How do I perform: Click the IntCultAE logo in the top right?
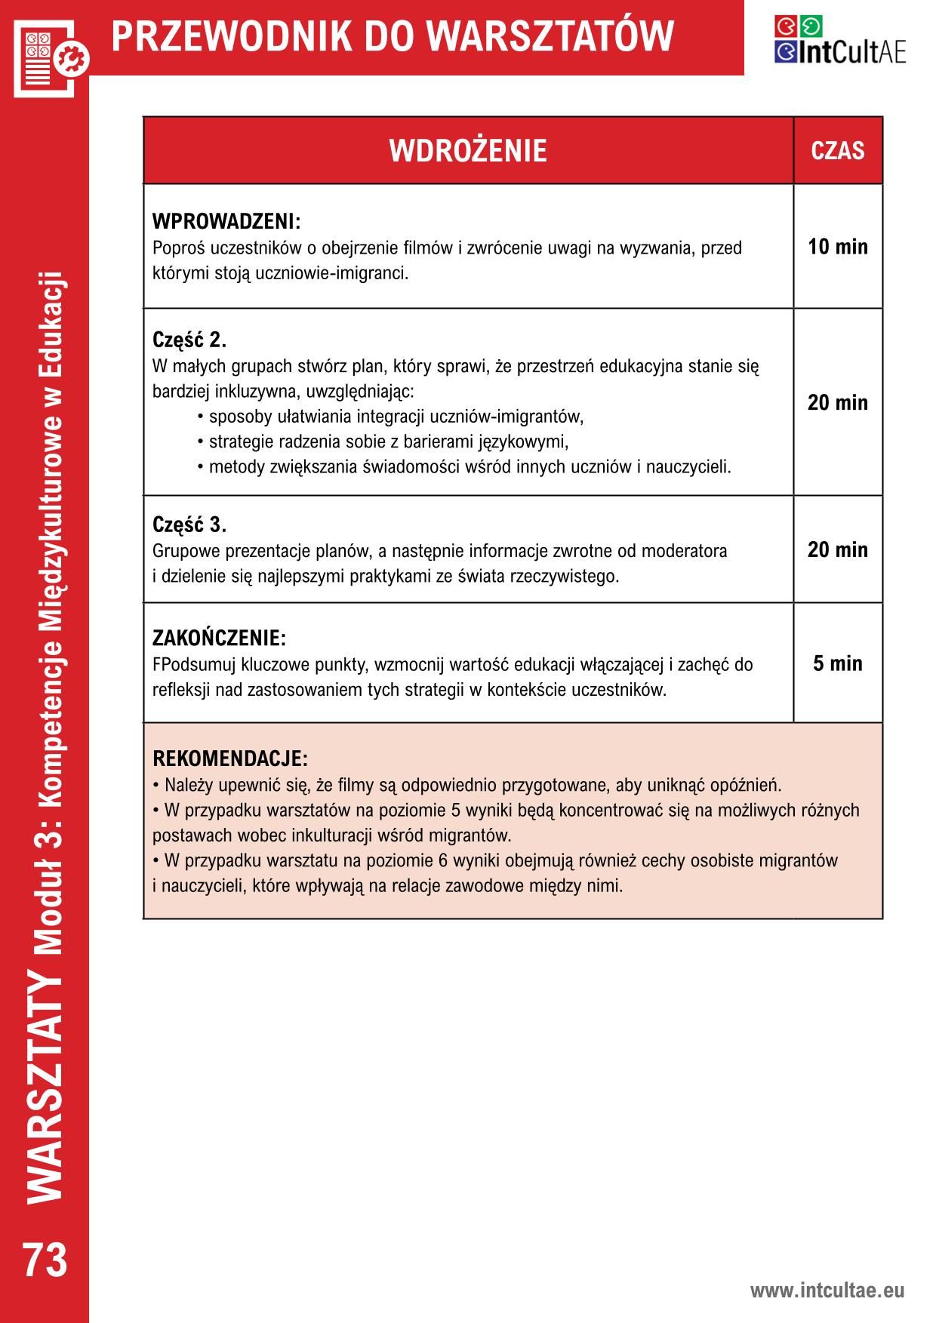839,39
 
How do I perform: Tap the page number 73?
45,1260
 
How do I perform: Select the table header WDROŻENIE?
467,151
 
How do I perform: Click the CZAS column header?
837,151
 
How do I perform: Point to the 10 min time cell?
837,247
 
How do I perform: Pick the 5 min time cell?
837,663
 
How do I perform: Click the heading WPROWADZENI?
226,222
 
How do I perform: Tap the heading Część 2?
189,340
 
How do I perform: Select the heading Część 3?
189,525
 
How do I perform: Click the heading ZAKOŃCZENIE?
219,638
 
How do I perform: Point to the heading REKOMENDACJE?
230,758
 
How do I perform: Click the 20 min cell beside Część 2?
837,402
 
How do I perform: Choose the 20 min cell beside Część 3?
837,549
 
